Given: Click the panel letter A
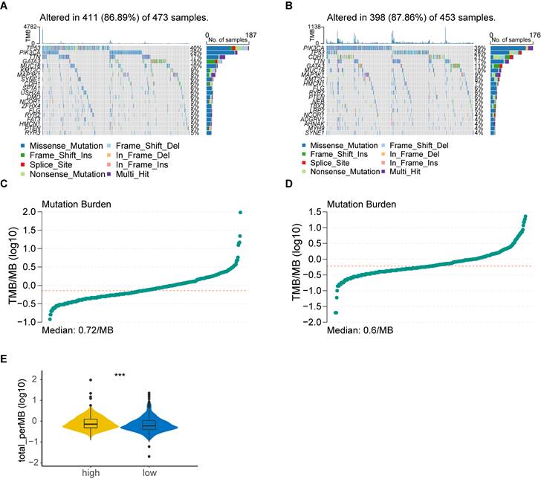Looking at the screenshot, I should pyautogui.click(x=5, y=5).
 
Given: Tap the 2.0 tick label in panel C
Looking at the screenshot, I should pyautogui.click(x=29, y=212).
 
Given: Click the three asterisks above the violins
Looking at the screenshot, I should pyautogui.click(x=120, y=375).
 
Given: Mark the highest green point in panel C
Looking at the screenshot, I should pyautogui.click(x=241, y=213).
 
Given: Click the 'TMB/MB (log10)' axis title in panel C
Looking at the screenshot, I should pyautogui.click(x=10, y=267).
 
